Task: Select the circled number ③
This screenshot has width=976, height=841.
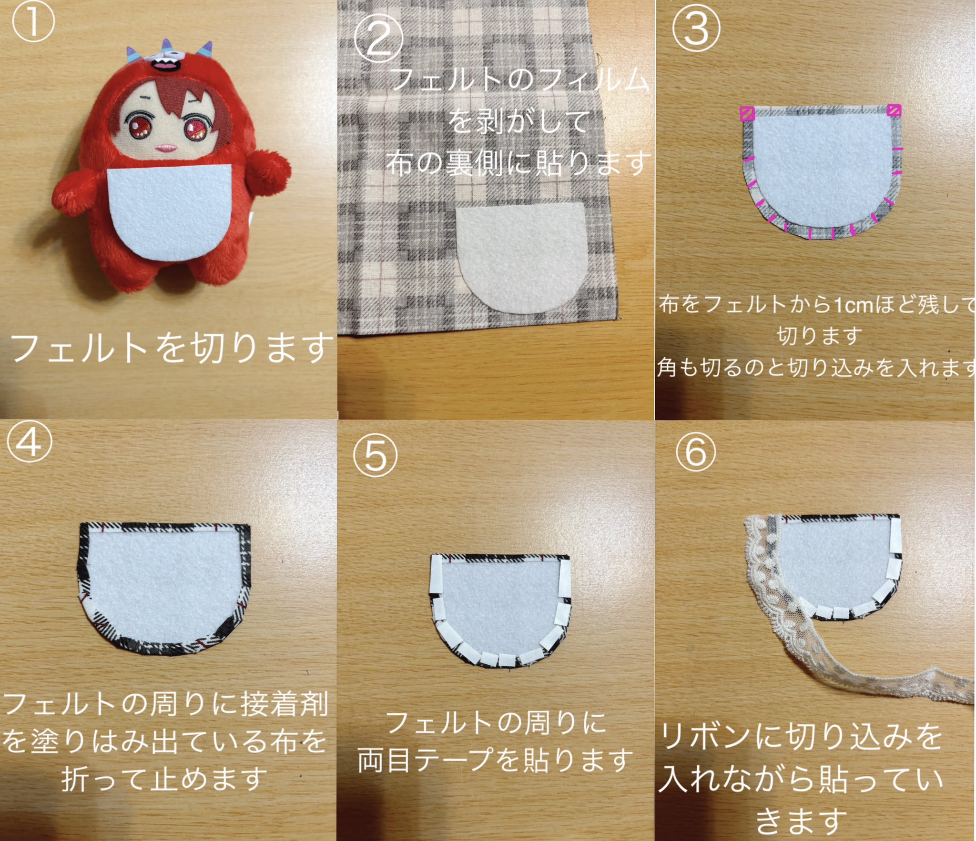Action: click(695, 29)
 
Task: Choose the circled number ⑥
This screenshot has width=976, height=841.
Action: click(695, 451)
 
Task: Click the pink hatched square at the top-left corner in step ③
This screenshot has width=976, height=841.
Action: click(747, 113)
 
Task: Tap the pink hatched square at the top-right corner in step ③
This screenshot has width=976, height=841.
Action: click(894, 110)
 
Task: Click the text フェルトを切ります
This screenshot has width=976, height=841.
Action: click(172, 348)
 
